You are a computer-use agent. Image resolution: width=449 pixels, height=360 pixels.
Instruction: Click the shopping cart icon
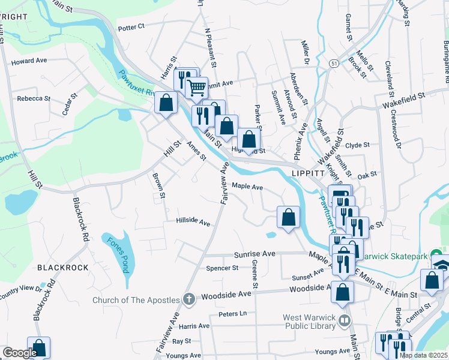(x=196, y=88)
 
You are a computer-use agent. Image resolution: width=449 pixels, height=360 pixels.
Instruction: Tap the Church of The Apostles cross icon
(x=189, y=299)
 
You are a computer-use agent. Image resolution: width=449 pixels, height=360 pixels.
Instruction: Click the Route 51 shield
(x=334, y=62)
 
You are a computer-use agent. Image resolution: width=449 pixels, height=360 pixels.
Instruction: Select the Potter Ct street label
(x=132, y=27)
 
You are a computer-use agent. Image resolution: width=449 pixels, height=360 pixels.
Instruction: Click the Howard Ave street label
(x=29, y=61)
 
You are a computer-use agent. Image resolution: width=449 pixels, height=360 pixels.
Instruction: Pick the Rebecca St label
(x=34, y=98)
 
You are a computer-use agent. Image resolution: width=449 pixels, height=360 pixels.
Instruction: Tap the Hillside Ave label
(x=193, y=222)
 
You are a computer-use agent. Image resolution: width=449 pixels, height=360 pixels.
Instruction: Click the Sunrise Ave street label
(x=255, y=254)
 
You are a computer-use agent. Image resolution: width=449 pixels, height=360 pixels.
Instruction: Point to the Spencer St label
(x=222, y=268)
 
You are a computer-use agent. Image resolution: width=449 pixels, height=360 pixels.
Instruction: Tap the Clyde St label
(x=358, y=145)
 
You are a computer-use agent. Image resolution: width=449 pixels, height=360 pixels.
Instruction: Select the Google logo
(x=20, y=353)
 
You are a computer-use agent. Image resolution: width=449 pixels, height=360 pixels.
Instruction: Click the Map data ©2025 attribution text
(x=423, y=355)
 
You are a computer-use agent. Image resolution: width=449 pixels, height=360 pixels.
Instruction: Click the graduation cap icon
(x=441, y=265)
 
